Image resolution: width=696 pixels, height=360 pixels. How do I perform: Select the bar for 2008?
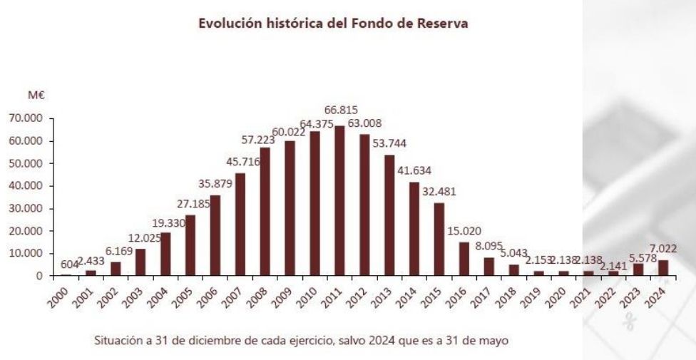265,211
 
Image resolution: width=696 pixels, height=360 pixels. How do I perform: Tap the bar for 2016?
464,258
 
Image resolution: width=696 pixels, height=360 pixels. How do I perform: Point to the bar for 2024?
663,267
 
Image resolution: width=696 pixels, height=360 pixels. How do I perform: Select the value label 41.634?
414,171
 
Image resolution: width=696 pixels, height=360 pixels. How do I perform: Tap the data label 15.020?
464,232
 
